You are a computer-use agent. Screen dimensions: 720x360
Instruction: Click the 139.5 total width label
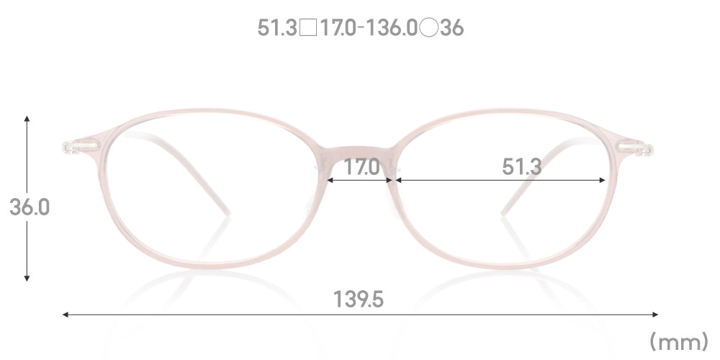pos(358,299)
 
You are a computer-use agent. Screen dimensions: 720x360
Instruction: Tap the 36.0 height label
pos(30,207)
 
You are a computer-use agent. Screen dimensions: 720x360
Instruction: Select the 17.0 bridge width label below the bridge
pos(362,167)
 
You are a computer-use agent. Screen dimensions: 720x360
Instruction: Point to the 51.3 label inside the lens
pos(521,167)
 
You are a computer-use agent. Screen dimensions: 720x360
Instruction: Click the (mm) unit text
pos(679,341)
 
